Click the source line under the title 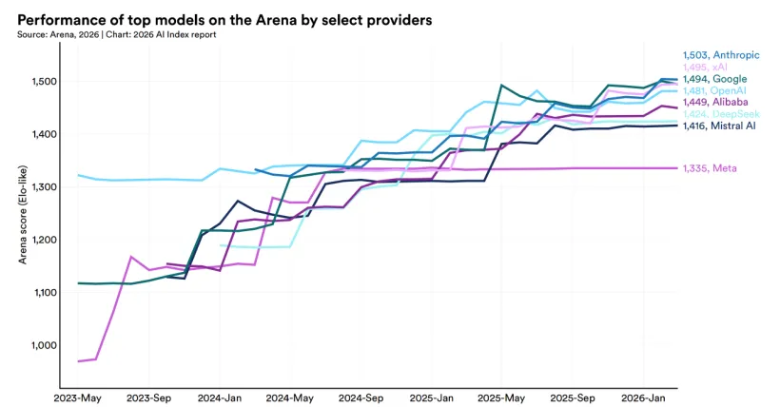[x=117, y=34]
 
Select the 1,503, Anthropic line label [x=720, y=55]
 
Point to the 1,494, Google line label [x=714, y=79]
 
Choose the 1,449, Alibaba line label [x=714, y=102]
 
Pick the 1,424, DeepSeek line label [x=720, y=113]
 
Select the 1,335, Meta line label [x=710, y=168]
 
